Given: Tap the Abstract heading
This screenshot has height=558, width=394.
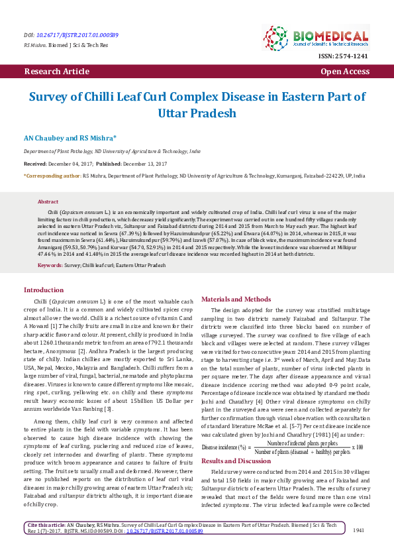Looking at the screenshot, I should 48,201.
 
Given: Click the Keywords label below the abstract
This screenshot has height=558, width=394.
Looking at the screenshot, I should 50,265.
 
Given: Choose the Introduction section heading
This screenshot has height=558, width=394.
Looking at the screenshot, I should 44,290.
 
